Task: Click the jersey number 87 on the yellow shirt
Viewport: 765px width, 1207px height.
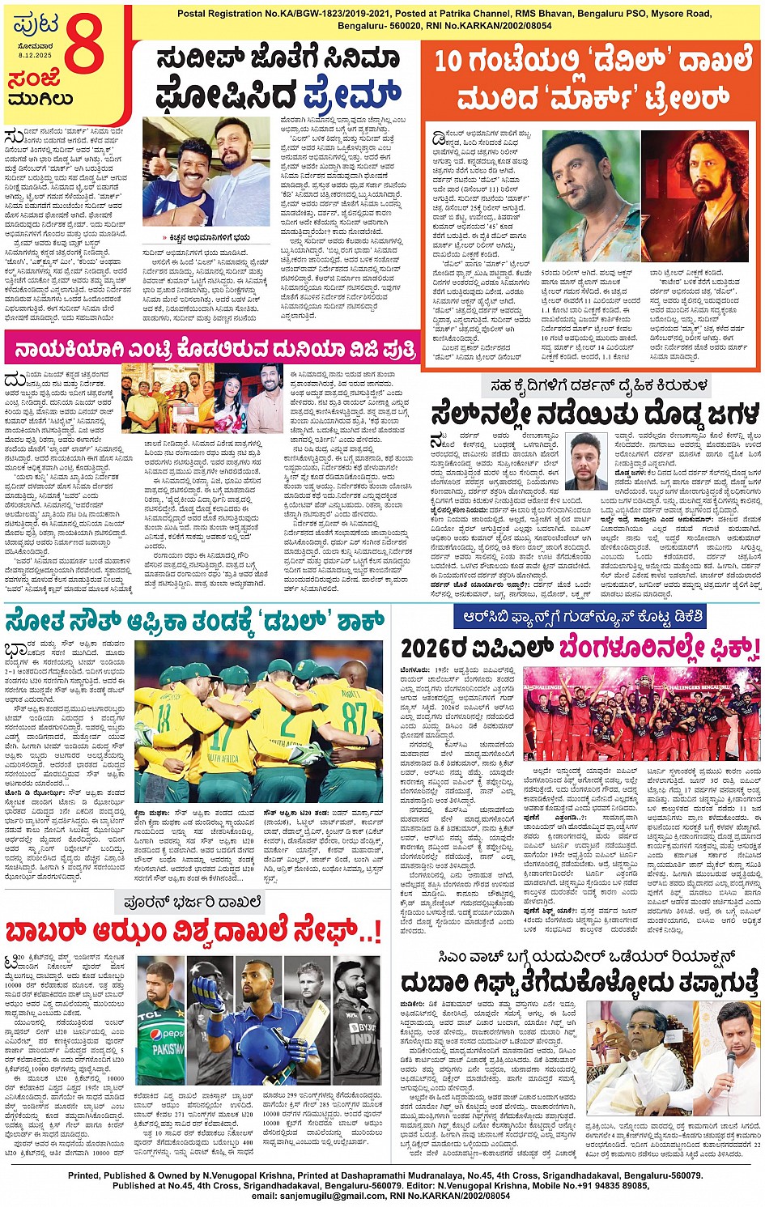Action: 354,717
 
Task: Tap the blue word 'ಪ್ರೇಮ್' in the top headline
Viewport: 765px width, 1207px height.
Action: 353,95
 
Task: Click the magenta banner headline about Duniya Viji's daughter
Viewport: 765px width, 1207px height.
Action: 211,351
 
